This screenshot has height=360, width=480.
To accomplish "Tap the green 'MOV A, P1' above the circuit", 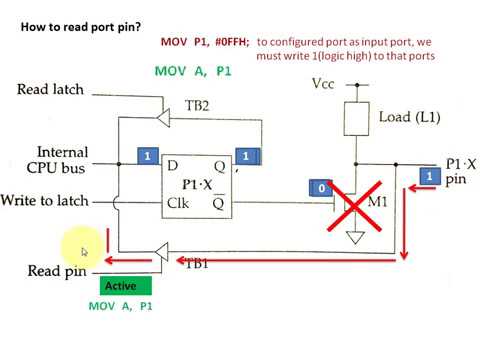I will click(x=193, y=71).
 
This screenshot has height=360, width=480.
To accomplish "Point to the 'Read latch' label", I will click(x=51, y=90).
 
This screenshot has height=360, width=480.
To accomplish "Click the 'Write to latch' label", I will click(x=47, y=200).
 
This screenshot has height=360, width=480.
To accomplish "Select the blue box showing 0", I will click(x=321, y=188).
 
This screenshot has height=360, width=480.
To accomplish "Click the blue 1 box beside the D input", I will click(x=147, y=157).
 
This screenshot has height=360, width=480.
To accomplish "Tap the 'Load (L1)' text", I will click(x=410, y=117).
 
